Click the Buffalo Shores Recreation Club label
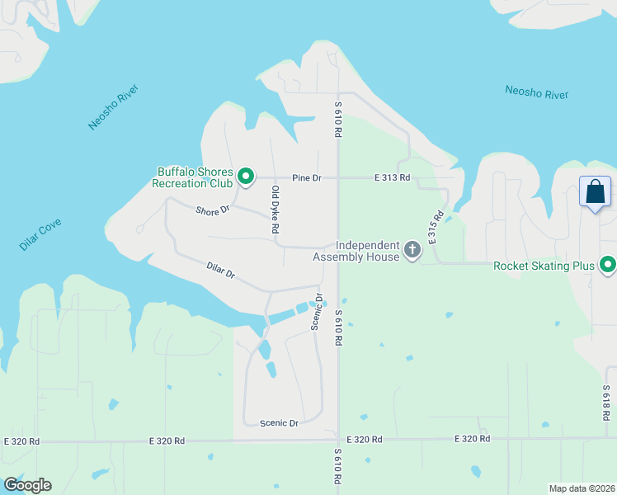[x=194, y=177]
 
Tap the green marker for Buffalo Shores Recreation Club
[x=245, y=176]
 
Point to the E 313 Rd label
[x=392, y=177]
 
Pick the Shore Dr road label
[x=213, y=211]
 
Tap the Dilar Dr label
[x=220, y=271]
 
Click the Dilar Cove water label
[x=40, y=235]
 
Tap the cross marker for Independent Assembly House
[x=412, y=249]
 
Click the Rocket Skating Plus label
[x=544, y=266]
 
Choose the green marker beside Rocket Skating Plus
[x=608, y=265]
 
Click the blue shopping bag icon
[x=595, y=193]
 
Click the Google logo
[x=27, y=485]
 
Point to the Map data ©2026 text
[x=581, y=488]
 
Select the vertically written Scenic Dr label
[x=315, y=312]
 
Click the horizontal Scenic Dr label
[x=279, y=423]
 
